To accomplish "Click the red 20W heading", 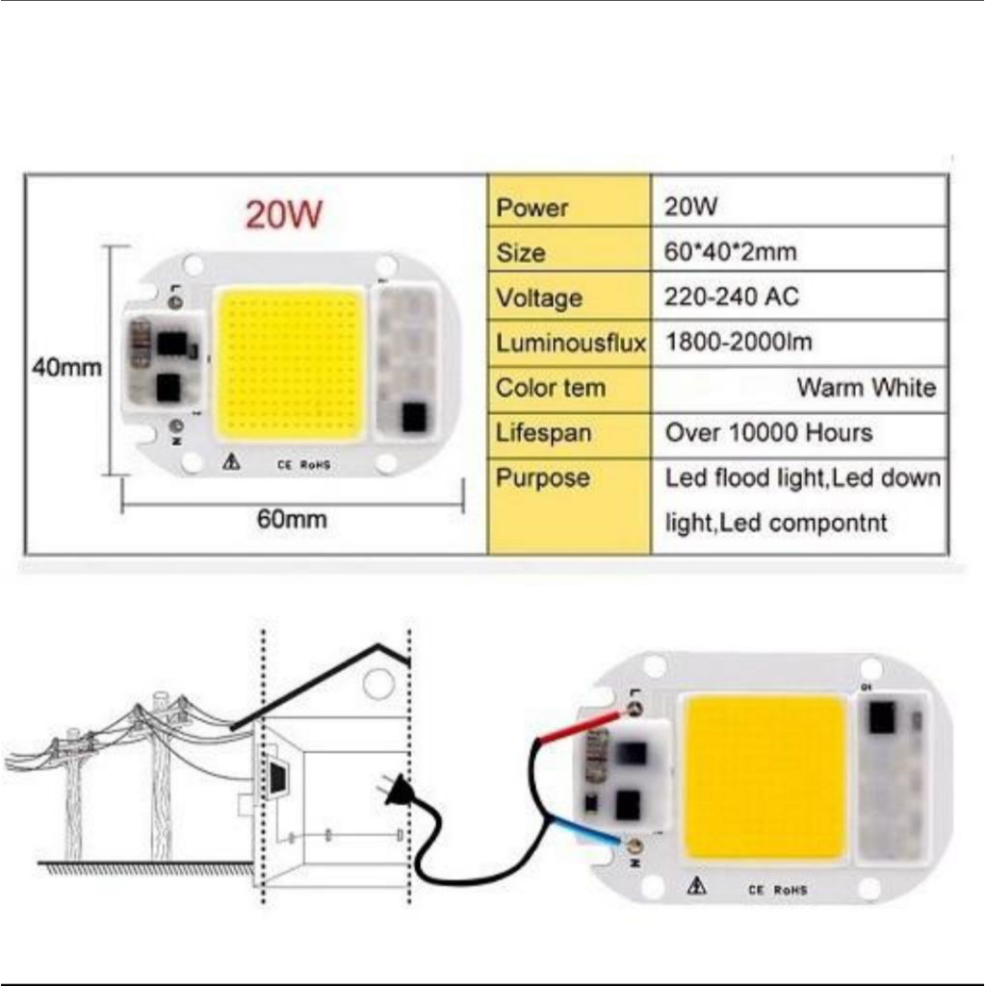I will pos(284,214).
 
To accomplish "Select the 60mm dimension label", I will pos(292,520).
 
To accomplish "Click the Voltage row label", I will pos(539,298).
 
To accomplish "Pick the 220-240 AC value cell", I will pos(732,297).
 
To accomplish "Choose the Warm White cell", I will pos(866,387).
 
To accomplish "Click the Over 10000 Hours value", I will pos(768,432).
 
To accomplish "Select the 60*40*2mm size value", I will pos(731,252).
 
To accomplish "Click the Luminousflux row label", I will pos(570,343).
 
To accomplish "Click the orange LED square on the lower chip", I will pos(765,776).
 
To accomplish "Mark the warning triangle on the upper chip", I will pos(232,462).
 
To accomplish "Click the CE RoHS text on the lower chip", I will pos(778,890).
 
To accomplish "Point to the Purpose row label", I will pos(542,479).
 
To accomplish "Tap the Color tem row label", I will pos(551,388).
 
